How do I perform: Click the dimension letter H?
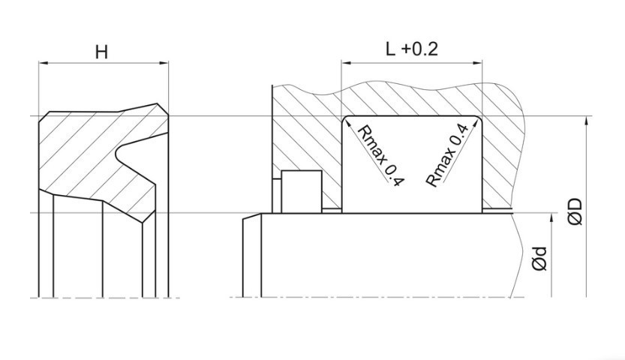[x=101, y=52]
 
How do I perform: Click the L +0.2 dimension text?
[x=412, y=49]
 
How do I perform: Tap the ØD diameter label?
[x=575, y=211]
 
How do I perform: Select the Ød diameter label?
[x=539, y=259]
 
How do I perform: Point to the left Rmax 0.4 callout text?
[x=380, y=155]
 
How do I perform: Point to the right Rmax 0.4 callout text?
[x=446, y=155]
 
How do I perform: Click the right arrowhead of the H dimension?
[x=164, y=62]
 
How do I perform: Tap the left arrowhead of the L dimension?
[x=346, y=62]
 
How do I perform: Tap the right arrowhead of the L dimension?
[x=477, y=62]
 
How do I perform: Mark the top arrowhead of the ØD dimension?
[x=586, y=121]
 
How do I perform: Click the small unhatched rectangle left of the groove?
[x=302, y=191]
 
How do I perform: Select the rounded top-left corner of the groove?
[x=344, y=118]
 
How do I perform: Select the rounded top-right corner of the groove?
[x=479, y=118]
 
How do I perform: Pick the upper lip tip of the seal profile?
[x=163, y=109]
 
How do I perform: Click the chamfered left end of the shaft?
[x=252, y=217]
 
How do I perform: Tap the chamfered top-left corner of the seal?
[x=44, y=117]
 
